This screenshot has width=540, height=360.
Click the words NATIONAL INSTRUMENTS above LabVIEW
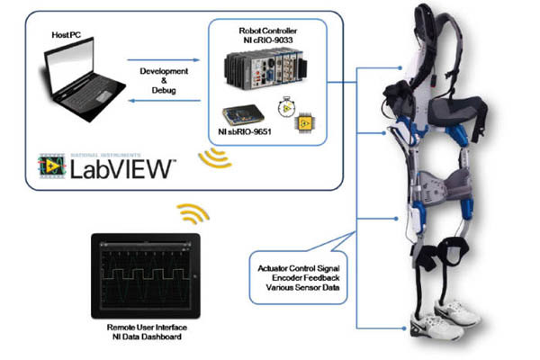(94, 153)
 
